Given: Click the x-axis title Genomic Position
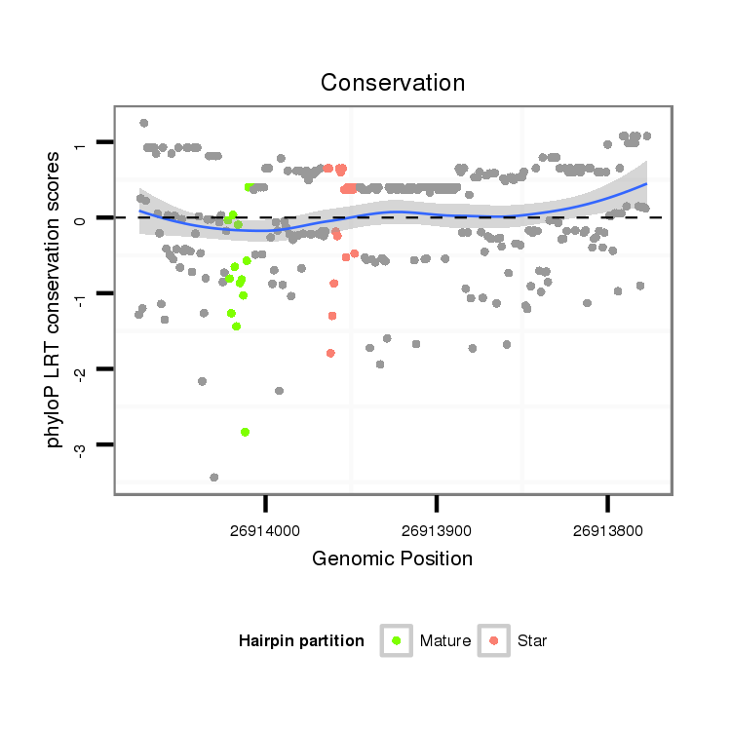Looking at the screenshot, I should (x=392, y=558).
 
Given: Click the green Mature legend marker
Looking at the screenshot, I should (x=396, y=640).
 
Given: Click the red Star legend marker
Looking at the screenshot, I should (x=494, y=640).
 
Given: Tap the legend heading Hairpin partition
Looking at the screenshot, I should (x=301, y=641).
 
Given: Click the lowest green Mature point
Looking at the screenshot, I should (x=245, y=432).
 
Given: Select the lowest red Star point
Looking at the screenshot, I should (x=330, y=353).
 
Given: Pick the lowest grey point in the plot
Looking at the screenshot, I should (x=214, y=478).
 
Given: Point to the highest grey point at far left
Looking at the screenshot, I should (x=144, y=123).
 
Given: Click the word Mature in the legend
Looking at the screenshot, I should (x=445, y=641).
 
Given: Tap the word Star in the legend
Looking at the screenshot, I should (x=532, y=641).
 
